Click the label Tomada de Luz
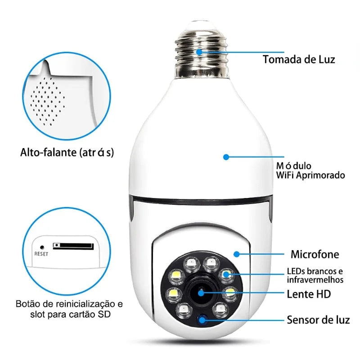(299, 59)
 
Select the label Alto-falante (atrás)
(67, 153)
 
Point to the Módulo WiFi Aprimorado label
(310, 171)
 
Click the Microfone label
(315, 254)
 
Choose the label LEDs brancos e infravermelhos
(315, 275)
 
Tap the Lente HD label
(309, 294)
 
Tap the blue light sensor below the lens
(202, 319)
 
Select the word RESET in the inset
(41, 254)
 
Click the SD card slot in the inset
(73, 246)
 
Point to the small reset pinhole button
(42, 247)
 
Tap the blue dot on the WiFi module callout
(226, 157)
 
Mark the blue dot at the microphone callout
(236, 254)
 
